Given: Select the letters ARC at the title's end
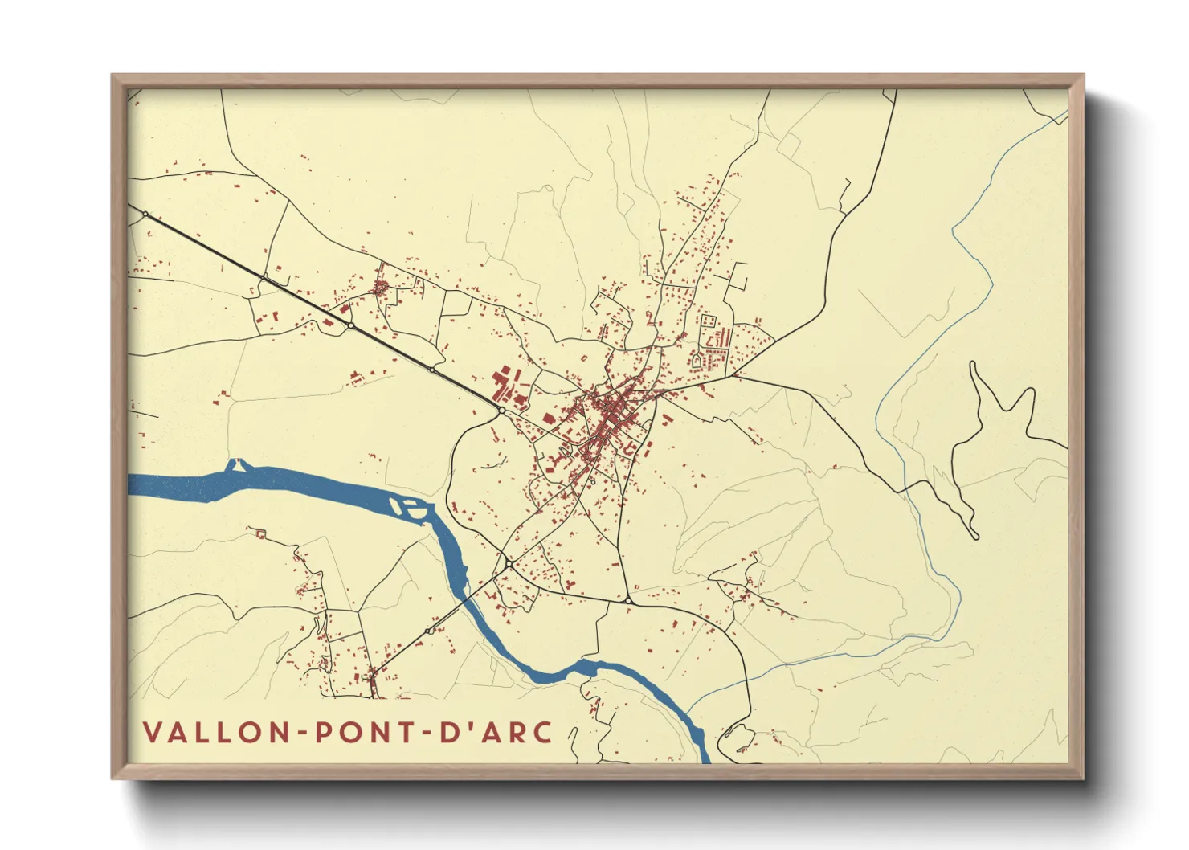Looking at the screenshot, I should click(x=513, y=732).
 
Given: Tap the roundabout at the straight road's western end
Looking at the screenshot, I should click(x=145, y=215).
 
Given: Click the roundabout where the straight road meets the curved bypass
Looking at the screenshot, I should click(x=501, y=411).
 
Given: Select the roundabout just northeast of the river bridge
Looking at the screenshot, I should click(x=509, y=565).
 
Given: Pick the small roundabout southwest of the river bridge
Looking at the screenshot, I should click(x=430, y=631).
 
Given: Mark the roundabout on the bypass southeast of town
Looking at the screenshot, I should click(x=627, y=599).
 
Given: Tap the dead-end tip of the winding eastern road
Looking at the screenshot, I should click(x=975, y=536).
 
